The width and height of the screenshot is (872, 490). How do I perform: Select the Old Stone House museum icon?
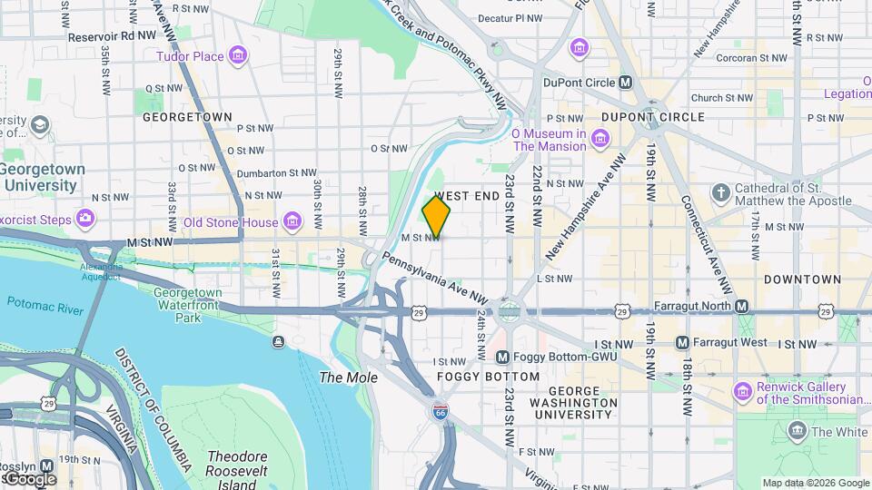(x=292, y=221)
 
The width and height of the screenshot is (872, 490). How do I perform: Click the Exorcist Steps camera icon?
(x=84, y=218)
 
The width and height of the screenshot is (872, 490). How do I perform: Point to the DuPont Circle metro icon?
(x=625, y=82)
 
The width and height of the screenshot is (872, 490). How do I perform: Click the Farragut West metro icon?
(x=682, y=343)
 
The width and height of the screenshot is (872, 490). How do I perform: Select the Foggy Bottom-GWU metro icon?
(x=500, y=357)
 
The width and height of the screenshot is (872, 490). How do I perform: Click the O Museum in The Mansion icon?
(x=599, y=139)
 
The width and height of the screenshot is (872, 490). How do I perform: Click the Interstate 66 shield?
(x=440, y=412)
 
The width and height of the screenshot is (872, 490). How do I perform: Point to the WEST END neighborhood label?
(x=467, y=196)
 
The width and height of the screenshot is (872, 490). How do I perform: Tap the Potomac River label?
(x=45, y=302)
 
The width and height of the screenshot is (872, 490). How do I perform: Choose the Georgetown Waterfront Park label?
(x=188, y=305)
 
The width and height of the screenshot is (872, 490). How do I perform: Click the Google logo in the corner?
(x=29, y=478)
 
